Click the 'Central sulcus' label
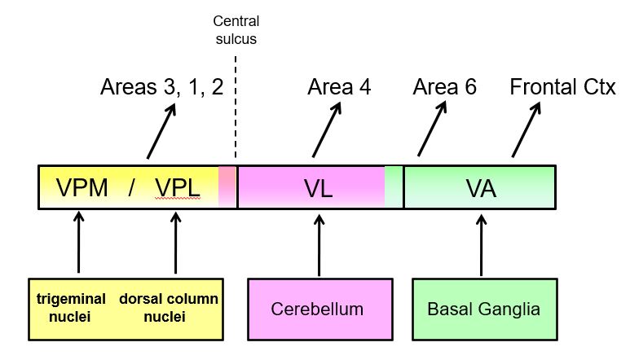pos(236,30)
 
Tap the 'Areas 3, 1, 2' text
pos(161,87)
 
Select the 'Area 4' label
pos(339,87)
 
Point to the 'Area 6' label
pos(444,87)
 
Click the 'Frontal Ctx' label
pos(562,87)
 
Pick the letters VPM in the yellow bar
pos(82,189)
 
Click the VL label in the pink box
pos(318,189)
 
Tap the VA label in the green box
pos(481,189)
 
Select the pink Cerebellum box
pos(317,310)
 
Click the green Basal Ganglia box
pos(482,310)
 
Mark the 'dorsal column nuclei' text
pos(169,308)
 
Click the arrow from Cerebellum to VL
pos(319,244)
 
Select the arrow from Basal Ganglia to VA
pos(482,244)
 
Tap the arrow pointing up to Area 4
pos(325,130)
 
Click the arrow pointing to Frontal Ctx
pos(526,130)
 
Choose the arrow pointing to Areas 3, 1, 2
pos(161,130)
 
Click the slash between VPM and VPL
pos(130,189)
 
